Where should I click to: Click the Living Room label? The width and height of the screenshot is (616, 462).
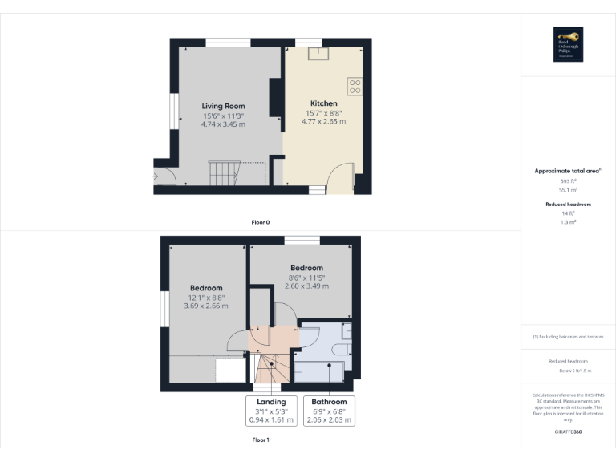pyautogui.click(x=223, y=106)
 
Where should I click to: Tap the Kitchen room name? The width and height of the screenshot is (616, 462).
pyautogui.click(x=324, y=103)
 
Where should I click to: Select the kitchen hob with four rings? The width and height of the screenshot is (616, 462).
pyautogui.click(x=355, y=85)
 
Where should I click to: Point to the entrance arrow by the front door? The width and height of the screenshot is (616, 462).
pyautogui.click(x=155, y=176)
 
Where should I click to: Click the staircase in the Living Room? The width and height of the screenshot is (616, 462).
pyautogui.click(x=225, y=172)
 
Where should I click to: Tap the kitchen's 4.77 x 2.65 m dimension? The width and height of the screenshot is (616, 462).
pyautogui.click(x=324, y=122)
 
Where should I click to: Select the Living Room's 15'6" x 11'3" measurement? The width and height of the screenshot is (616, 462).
pyautogui.click(x=223, y=115)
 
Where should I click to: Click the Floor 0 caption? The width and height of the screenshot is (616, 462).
pyautogui.click(x=261, y=221)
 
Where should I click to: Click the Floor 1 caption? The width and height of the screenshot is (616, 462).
pyautogui.click(x=261, y=440)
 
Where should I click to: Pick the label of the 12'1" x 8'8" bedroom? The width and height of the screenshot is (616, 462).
pyautogui.click(x=206, y=288)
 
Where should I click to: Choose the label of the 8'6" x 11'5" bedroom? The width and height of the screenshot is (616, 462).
pyautogui.click(x=306, y=268)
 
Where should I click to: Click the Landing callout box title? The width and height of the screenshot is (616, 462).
pyautogui.click(x=271, y=402)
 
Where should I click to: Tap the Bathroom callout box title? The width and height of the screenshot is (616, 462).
pyautogui.click(x=329, y=402)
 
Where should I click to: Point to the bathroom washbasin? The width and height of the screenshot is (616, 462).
pyautogui.click(x=346, y=332)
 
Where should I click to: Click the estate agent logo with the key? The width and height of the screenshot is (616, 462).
pyautogui.click(x=568, y=44)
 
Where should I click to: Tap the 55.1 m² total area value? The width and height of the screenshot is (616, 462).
pyautogui.click(x=568, y=190)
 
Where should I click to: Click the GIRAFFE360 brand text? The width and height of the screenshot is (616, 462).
pyautogui.click(x=568, y=432)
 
